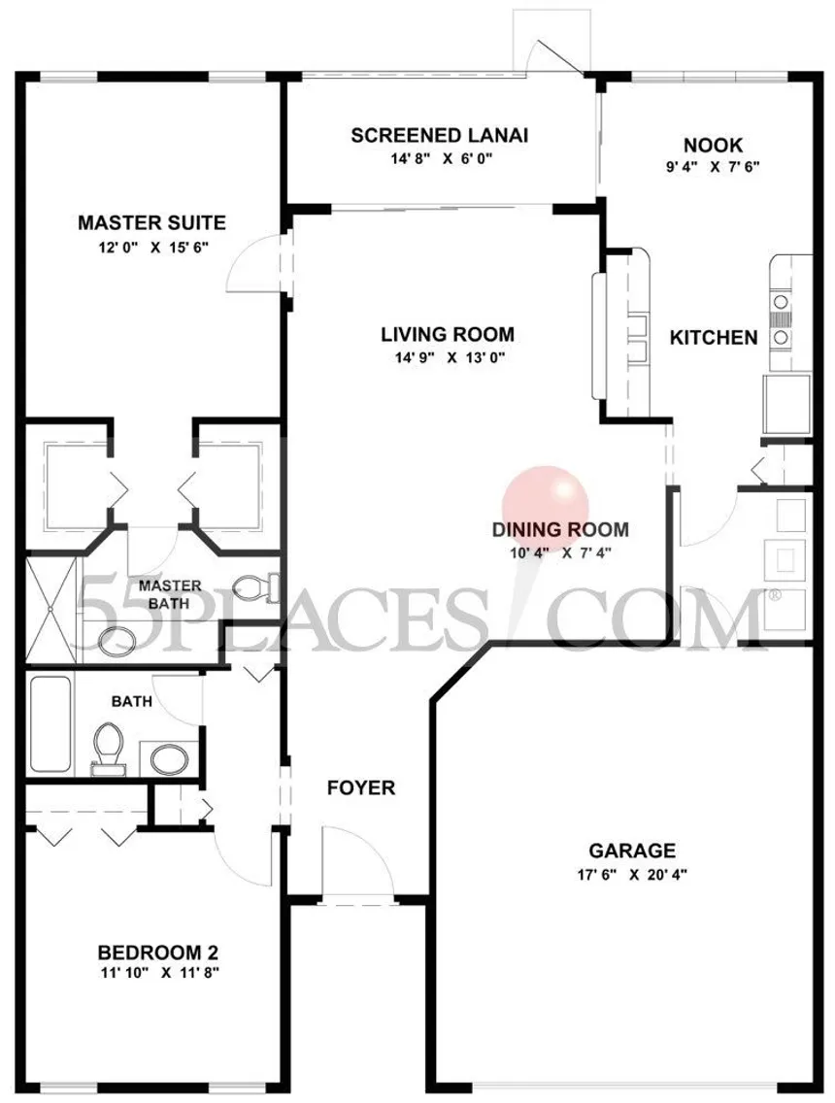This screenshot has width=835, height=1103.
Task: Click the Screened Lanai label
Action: point(439,135)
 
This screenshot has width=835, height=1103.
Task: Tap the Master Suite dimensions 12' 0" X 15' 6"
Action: point(153,247)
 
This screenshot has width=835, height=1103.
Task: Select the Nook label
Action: point(713,145)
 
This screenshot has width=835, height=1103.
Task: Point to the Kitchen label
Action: point(714,337)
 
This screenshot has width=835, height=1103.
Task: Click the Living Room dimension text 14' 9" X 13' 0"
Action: point(451,357)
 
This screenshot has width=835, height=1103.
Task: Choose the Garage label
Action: point(632,851)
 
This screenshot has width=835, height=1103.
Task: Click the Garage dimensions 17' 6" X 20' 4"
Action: point(632,875)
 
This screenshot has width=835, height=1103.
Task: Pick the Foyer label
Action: point(361,787)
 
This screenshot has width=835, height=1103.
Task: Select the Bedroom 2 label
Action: point(157,953)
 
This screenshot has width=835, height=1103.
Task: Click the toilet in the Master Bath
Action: point(254,587)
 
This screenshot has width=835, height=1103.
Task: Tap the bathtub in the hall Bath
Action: point(50,725)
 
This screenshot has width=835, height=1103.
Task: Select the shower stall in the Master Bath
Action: point(53,609)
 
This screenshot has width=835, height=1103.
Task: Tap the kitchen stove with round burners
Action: point(780,320)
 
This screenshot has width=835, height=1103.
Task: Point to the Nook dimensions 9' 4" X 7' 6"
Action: point(713,167)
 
